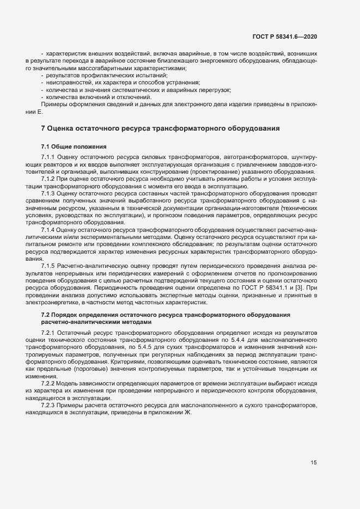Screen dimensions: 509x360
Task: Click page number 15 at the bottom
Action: click(314, 463)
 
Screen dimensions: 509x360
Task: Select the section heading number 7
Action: click(44, 128)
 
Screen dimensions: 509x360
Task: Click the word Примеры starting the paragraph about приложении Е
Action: click(53, 104)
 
